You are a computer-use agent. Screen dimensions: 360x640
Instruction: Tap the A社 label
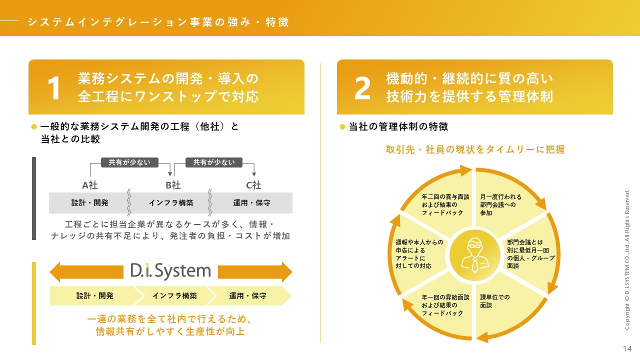(x=90, y=185)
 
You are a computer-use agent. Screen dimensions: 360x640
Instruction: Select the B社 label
(x=173, y=185)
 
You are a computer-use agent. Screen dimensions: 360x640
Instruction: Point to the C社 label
(x=253, y=185)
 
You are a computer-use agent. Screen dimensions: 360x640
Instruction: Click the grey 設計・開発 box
(x=90, y=203)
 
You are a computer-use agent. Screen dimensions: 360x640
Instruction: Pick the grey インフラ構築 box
(x=171, y=203)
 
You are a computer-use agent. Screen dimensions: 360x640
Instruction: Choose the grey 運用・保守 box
(x=251, y=203)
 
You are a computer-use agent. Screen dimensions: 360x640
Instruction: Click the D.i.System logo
(x=170, y=271)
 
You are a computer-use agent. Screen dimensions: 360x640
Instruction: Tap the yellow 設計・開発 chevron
(x=94, y=295)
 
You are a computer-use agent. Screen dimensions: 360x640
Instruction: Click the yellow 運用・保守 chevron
(x=247, y=295)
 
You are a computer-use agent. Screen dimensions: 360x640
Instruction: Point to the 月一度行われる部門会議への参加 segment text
(x=500, y=204)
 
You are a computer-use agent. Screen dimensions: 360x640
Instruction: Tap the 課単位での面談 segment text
(x=495, y=301)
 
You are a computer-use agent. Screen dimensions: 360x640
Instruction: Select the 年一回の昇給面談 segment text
(x=445, y=305)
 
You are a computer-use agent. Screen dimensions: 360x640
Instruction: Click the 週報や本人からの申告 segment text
(x=419, y=254)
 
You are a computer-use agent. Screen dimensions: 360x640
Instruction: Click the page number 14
(x=627, y=348)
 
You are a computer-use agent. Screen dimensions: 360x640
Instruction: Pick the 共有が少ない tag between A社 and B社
(x=129, y=162)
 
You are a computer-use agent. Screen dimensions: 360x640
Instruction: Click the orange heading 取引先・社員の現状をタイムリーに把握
(x=475, y=149)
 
